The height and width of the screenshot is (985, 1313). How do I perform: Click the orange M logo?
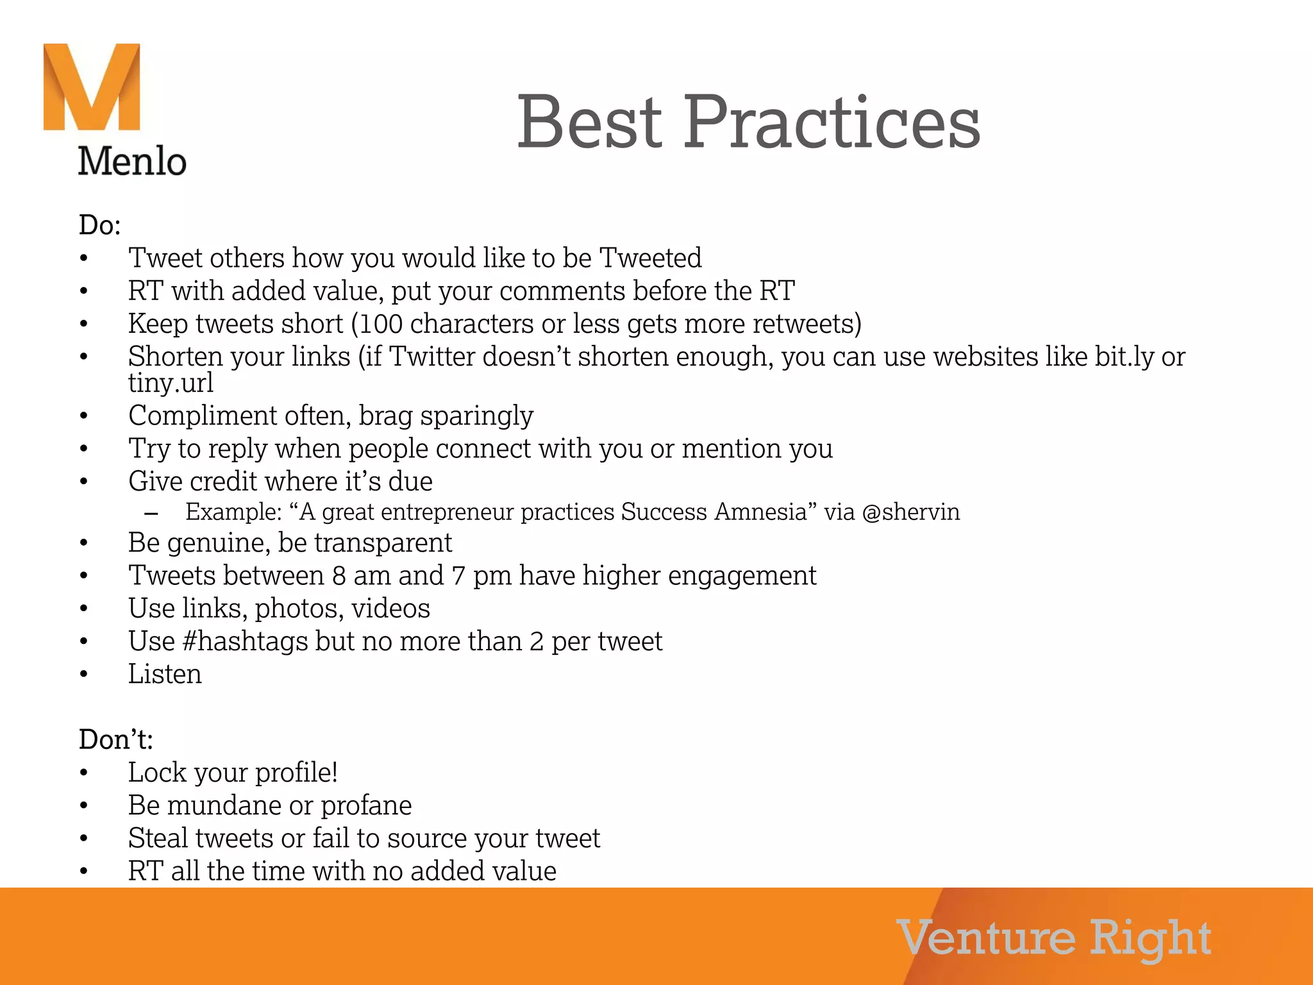tap(92, 87)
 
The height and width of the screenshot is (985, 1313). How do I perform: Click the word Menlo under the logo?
tap(132, 161)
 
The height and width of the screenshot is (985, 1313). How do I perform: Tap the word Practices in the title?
tap(832, 122)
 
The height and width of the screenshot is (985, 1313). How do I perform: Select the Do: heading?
tap(99, 225)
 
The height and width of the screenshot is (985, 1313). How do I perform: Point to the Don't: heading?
tap(115, 739)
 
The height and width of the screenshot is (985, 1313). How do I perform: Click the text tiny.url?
tap(171, 383)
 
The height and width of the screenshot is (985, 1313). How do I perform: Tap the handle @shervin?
tap(911, 512)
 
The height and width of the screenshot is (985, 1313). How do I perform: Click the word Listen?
tap(165, 674)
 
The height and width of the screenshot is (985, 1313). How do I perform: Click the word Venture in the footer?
tap(986, 938)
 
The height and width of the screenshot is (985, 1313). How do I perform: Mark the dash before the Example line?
tap(151, 513)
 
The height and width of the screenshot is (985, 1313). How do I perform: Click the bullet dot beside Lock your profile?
tap(83, 773)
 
